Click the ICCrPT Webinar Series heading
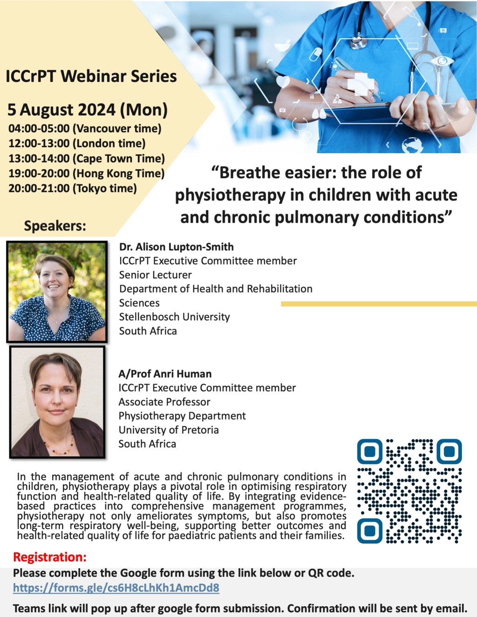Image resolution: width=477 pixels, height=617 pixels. tap(91, 76)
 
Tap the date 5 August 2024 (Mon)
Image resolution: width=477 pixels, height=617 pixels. tap(88, 110)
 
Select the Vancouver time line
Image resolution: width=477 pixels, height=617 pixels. tap(85, 129)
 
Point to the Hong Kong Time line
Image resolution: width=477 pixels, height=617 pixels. tap(87, 174)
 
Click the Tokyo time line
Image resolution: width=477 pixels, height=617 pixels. tap(73, 189)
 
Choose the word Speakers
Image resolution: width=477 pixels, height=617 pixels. tap(55, 226)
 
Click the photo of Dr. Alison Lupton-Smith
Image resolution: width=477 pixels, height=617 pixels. tap(57, 292)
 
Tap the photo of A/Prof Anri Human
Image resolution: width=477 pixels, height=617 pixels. tap(57, 402)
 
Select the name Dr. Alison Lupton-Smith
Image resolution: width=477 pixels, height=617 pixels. tap(177, 247)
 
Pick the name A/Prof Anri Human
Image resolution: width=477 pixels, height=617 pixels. tap(165, 374)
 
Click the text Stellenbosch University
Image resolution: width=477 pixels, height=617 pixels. tap(175, 317)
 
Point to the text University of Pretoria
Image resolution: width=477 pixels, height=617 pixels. tap(169, 430)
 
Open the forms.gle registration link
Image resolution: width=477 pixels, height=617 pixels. tap(116, 588)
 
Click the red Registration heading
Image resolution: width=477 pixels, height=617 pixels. tap(50, 557)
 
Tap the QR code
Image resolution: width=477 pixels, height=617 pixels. tap(409, 491)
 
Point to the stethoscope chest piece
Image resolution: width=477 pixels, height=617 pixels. tap(358, 41)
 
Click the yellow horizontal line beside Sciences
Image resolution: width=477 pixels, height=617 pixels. tap(378, 304)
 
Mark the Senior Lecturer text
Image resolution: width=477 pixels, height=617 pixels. tap(156, 275)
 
